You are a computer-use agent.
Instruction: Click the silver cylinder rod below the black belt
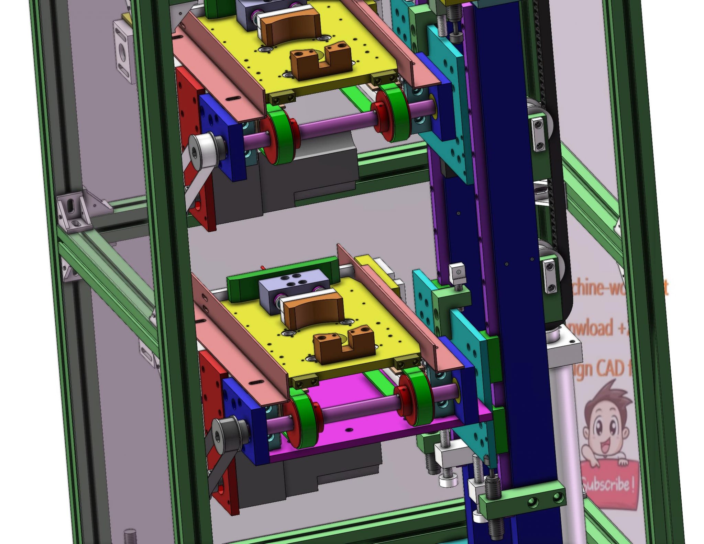click(564, 412)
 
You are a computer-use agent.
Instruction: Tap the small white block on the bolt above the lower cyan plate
click(457, 271)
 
